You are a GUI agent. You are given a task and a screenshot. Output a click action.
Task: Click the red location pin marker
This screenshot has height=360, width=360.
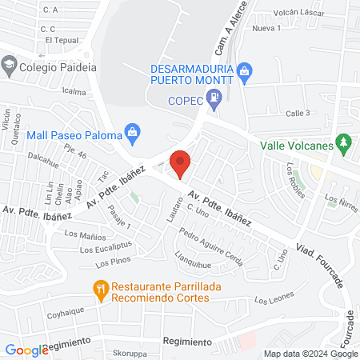pos(181,163)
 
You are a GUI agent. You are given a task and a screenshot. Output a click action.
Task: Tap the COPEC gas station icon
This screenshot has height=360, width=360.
pos(214,100)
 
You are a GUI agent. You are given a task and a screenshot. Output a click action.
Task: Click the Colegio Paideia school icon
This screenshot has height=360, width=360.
pos(9,67)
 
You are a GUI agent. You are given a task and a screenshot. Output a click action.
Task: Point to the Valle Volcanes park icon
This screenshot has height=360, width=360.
pos(344,145)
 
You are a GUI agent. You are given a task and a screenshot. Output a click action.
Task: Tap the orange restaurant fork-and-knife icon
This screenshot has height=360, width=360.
pos(101,291)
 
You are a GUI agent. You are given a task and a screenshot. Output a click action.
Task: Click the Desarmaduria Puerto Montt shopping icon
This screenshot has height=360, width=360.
pos(245,74)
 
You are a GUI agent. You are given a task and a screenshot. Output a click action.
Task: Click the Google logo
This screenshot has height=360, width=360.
pos(26,350)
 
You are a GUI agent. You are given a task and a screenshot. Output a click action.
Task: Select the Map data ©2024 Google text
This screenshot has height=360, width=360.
pos(311,354)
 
